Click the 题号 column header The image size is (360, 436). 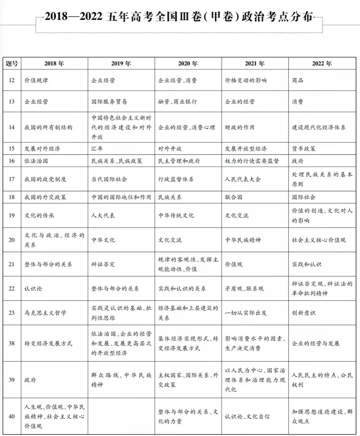12,64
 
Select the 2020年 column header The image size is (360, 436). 188,64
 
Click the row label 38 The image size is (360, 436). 12,343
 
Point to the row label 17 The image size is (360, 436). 12,179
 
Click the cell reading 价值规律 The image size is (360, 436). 36,80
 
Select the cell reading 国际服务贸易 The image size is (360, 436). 109,102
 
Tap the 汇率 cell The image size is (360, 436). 97,149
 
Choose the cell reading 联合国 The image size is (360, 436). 233,197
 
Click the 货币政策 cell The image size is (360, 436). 304,149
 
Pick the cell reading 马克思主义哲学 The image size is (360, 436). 45,313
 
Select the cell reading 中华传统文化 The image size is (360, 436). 176,215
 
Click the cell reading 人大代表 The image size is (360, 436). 103,215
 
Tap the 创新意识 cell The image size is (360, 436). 304,313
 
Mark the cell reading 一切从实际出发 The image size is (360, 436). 246,313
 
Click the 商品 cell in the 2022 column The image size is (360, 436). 298,80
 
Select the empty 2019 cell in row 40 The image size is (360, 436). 121,416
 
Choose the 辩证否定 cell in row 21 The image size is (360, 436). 103,264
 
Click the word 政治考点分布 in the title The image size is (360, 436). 279,17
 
